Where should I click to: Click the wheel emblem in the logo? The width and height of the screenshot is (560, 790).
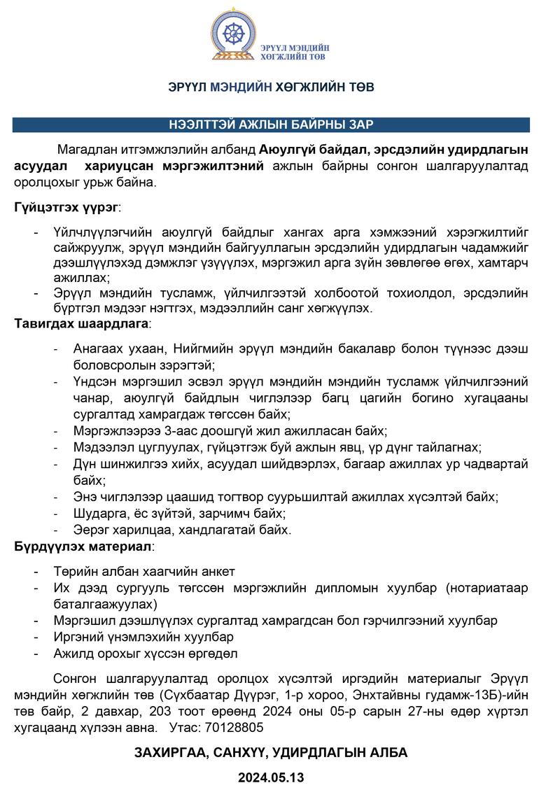[x=236, y=33]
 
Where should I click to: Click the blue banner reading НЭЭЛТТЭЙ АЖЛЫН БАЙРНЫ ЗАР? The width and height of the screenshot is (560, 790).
[x=271, y=125]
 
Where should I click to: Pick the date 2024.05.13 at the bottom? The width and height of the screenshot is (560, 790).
[x=271, y=777]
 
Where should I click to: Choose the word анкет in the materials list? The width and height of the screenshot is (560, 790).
[x=218, y=572]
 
